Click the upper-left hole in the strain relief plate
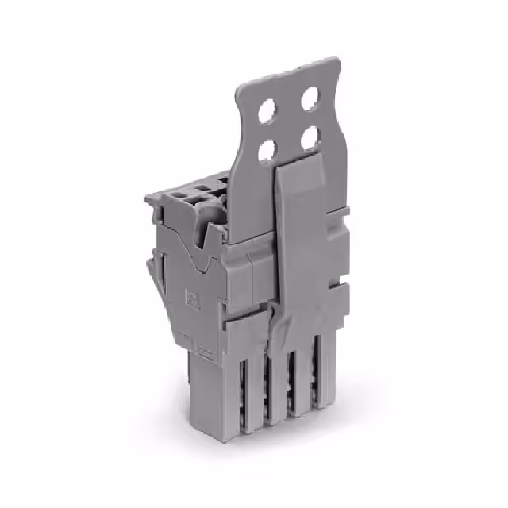[x=267, y=114]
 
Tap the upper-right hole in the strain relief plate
[x=310, y=98]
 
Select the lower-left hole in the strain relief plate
[x=267, y=149]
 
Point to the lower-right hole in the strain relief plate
[x=310, y=137]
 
